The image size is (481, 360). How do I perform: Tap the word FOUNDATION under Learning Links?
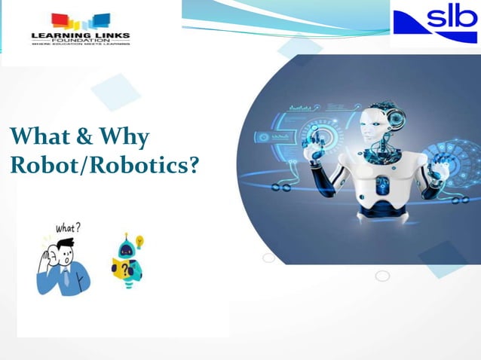[81, 41]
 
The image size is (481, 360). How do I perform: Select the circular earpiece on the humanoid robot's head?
[394, 117]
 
